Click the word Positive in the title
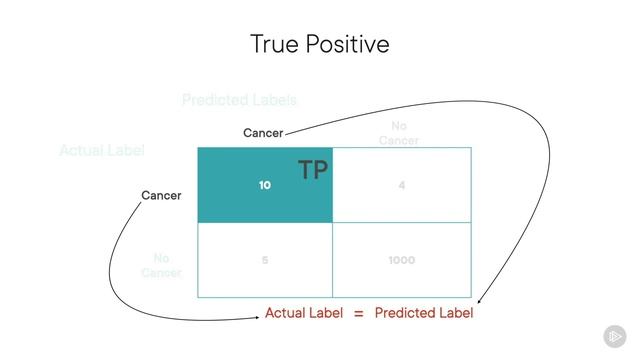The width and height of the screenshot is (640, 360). pyautogui.click(x=348, y=44)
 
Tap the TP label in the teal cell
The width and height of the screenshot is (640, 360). pyautogui.click(x=313, y=170)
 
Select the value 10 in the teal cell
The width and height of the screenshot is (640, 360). pyautogui.click(x=265, y=185)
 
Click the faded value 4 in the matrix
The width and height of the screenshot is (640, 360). pyautogui.click(x=402, y=185)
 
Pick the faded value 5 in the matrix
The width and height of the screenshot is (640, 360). pyautogui.click(x=265, y=260)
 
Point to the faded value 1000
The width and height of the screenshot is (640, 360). pyautogui.click(x=402, y=260)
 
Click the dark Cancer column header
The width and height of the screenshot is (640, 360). pyautogui.click(x=263, y=133)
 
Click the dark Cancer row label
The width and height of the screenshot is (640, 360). pyautogui.click(x=161, y=195)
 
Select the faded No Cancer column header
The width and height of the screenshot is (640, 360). pyautogui.click(x=398, y=133)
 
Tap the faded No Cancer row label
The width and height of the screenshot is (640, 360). pyautogui.click(x=161, y=265)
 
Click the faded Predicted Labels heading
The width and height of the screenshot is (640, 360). pyautogui.click(x=239, y=100)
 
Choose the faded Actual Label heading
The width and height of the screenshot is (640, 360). pyautogui.click(x=102, y=150)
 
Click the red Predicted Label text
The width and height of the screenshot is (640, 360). pyautogui.click(x=423, y=313)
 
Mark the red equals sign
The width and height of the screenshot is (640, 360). pyautogui.click(x=358, y=313)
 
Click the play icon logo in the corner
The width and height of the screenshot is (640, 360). pyautogui.click(x=614, y=336)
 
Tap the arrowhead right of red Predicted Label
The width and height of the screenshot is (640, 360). pyautogui.click(x=481, y=302)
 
